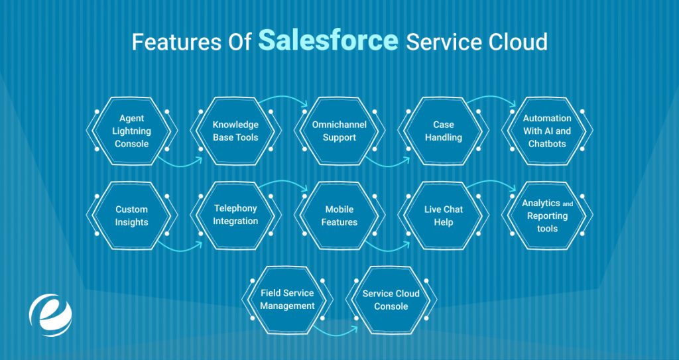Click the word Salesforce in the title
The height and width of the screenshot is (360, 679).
point(328,40)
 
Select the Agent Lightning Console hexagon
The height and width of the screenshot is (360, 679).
point(131,131)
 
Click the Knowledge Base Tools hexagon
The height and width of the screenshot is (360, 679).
point(235,131)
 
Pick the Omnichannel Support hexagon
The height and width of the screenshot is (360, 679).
point(339,131)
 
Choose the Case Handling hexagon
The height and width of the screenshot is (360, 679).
point(444,131)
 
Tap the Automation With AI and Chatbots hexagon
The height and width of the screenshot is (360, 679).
point(547,131)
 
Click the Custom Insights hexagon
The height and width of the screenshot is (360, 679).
point(131,215)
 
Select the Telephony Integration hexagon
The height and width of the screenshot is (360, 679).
point(235,215)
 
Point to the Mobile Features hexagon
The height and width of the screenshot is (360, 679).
point(339,215)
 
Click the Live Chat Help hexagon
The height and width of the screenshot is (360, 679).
point(444,215)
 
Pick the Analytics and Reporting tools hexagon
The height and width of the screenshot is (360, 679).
point(547,215)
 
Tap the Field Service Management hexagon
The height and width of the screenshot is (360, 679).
point(287,300)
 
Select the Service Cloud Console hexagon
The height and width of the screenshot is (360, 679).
point(391,300)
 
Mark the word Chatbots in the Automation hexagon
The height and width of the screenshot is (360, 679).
point(547,144)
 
